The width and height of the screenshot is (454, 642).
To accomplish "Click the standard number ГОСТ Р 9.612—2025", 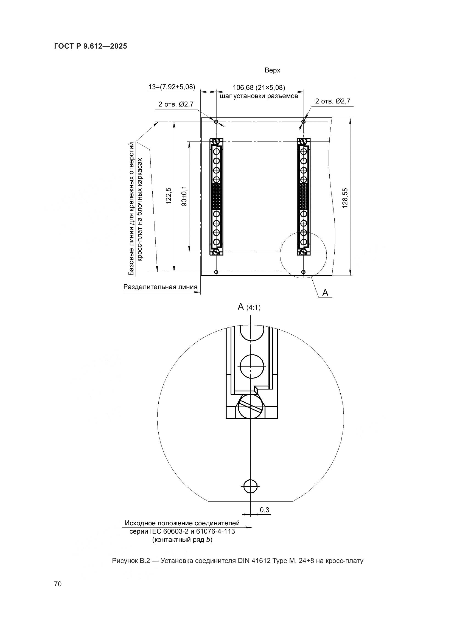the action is [91, 46].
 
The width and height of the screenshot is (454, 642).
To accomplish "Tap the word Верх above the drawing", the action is [272, 71].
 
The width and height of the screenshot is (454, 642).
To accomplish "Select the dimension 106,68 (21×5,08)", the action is [259, 88].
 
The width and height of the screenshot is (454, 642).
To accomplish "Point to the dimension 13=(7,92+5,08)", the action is [172, 87].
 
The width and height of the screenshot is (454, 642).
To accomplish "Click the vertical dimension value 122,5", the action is [169, 196].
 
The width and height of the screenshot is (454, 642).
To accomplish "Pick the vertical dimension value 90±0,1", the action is [184, 196].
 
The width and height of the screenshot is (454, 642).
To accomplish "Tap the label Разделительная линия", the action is [160, 287].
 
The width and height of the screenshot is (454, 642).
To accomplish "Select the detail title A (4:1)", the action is [249, 307].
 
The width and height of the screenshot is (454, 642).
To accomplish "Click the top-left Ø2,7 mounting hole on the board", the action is [216, 122].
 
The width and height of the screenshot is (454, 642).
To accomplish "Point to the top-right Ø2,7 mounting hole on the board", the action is [304, 122].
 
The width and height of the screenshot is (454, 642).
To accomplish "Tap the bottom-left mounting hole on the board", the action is [216, 272].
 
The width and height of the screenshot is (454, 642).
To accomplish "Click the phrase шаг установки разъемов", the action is [259, 96].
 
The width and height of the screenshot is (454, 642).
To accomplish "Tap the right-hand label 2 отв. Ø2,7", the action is [333, 101].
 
